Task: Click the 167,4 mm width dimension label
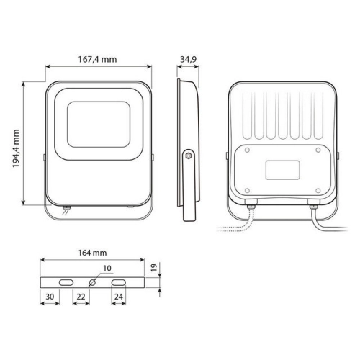pos(97,59)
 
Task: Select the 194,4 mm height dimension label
pos(16,148)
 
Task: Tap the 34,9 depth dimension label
pos(189,59)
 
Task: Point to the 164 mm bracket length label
pos(92,253)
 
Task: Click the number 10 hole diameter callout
pos(107,269)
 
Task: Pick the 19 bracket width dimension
pos(154,267)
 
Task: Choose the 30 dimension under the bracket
pos(50,297)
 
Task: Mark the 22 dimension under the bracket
pos(81,297)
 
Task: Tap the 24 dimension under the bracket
pos(119,297)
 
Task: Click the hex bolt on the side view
pos(189,156)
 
